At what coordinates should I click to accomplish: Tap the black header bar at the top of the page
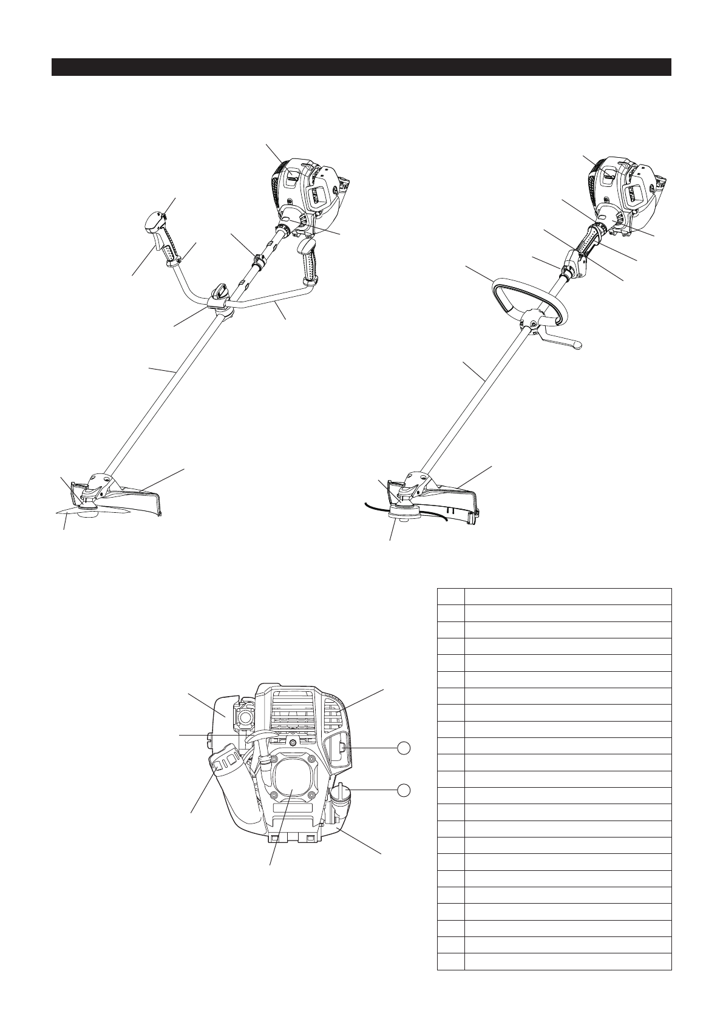pyautogui.click(x=361, y=67)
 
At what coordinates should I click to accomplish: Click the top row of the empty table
pyautogui.click(x=554, y=596)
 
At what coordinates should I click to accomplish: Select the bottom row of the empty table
pyautogui.click(x=554, y=961)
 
